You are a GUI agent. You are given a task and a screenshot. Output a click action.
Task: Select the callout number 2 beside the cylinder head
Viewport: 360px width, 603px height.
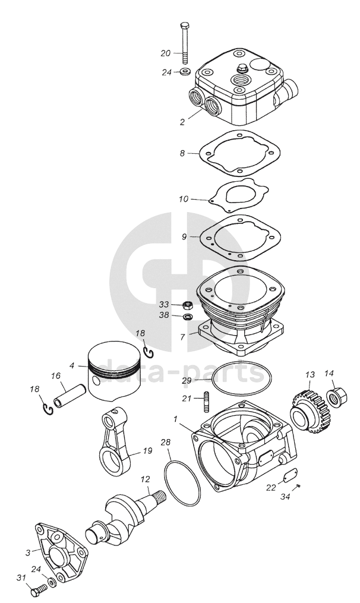click(183, 122)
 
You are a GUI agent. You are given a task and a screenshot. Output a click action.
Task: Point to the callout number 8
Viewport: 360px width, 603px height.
click(182, 153)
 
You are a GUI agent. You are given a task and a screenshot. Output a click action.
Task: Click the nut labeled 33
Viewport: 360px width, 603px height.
click(187, 305)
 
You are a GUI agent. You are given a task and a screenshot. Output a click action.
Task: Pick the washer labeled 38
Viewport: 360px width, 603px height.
click(187, 316)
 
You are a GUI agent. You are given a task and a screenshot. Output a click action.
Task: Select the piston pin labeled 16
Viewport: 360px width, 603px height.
click(69, 393)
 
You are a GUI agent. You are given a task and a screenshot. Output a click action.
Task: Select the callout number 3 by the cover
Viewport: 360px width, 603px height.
click(28, 553)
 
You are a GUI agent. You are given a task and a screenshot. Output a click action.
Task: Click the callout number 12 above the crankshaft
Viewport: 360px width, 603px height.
click(144, 479)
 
